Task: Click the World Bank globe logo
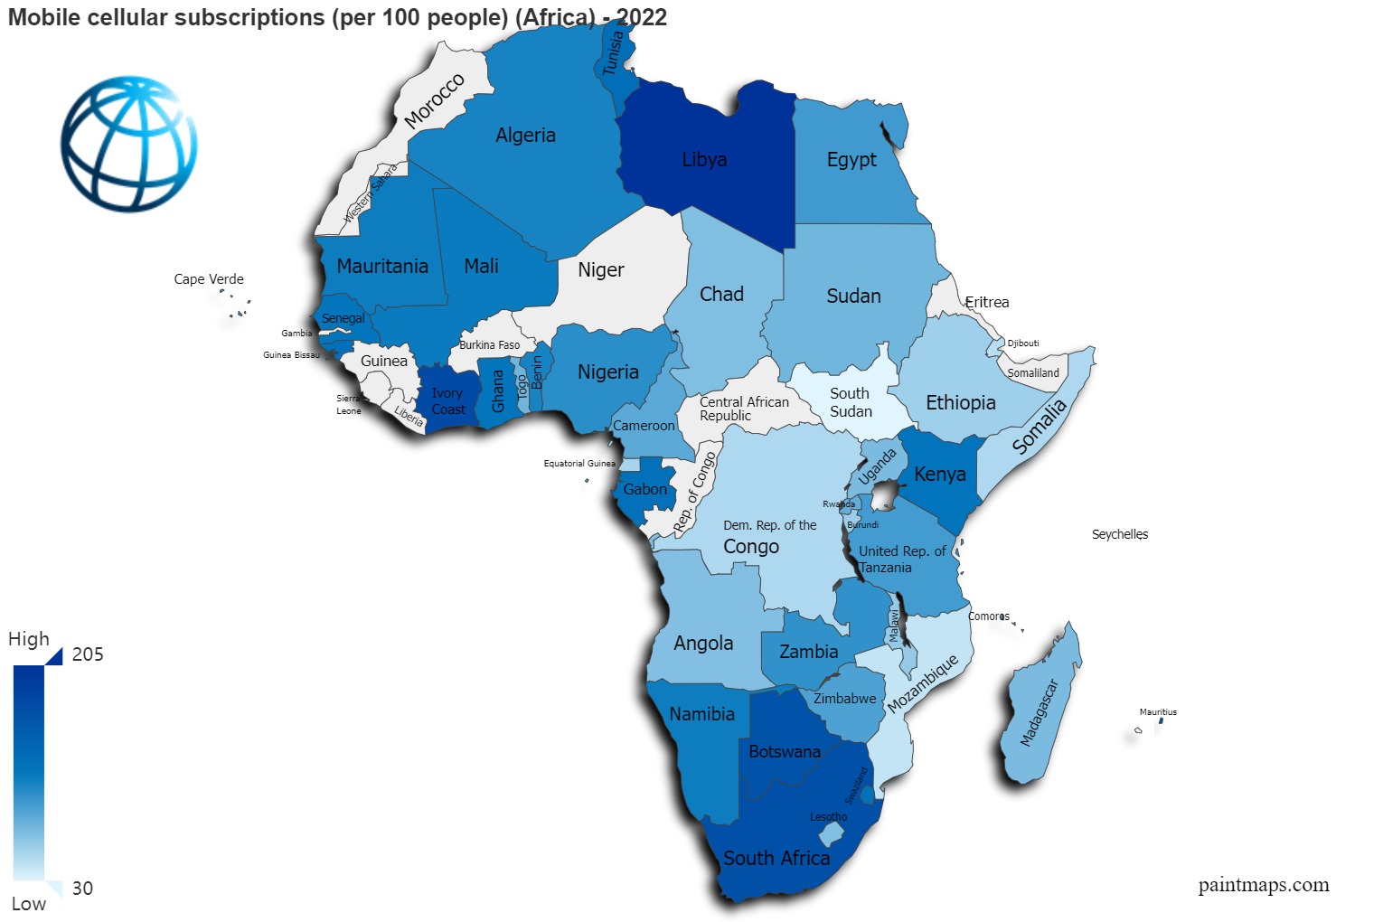coord(128,144)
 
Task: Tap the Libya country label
coord(704,160)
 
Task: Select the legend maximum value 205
coord(88,654)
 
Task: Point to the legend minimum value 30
coord(82,889)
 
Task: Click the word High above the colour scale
coord(29,639)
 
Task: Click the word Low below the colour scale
coord(28,904)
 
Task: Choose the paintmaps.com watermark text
coord(1263,885)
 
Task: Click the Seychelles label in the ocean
coord(1119,534)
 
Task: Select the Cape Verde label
coord(209,279)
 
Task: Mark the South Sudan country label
coord(851,402)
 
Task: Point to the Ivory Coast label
coord(447,401)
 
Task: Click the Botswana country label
coord(785,752)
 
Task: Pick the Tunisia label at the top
coord(614,53)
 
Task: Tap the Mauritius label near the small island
coord(1158,712)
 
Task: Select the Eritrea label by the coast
coord(986,302)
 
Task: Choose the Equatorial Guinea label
coord(579,464)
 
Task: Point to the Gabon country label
coord(645,490)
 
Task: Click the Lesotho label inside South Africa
coord(828,817)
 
